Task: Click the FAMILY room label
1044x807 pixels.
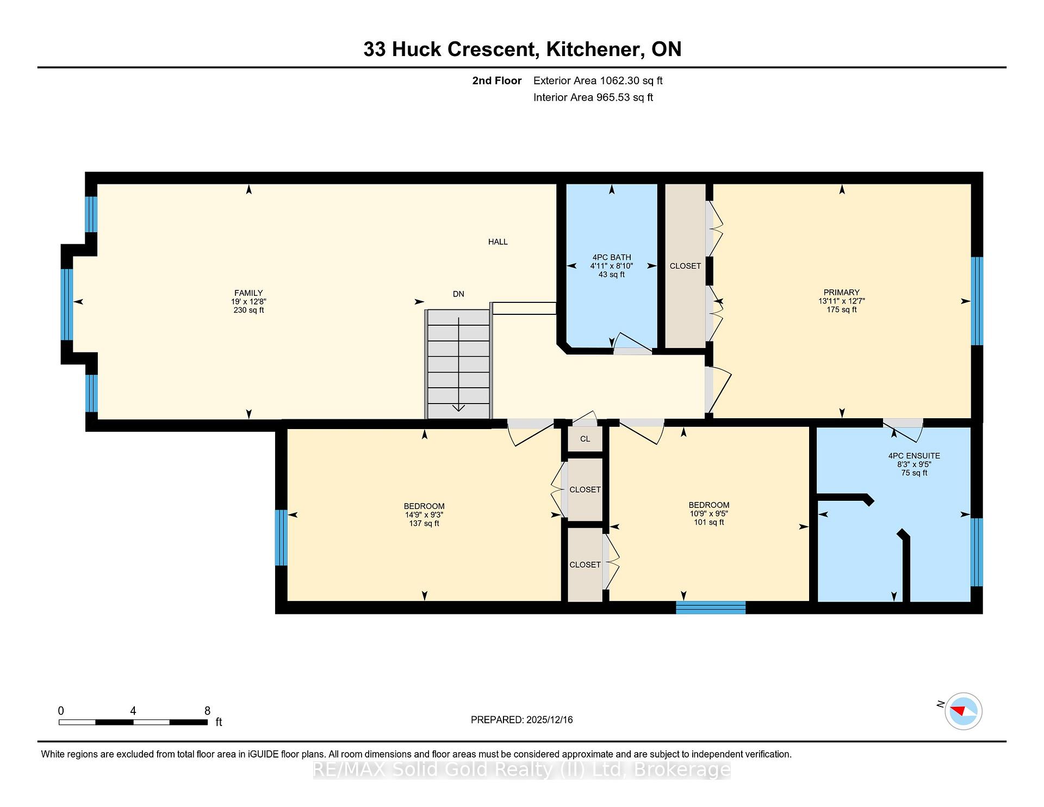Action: coord(248,293)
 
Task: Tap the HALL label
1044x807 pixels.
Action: coord(498,242)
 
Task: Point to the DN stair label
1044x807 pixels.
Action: coord(458,294)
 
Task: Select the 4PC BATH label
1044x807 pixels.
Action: coord(612,258)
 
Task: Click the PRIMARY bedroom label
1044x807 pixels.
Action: coord(841,293)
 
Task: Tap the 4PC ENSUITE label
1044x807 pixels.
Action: coord(914,456)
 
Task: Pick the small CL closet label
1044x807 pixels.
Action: coord(585,439)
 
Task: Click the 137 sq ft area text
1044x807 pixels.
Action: coord(424,524)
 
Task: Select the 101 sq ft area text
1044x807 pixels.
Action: coord(709,523)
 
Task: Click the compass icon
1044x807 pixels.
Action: coord(964,711)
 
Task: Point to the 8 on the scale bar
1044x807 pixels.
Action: coord(207,711)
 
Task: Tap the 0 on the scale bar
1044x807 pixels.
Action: coord(61,711)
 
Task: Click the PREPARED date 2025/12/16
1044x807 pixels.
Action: coord(550,720)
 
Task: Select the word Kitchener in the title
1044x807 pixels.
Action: coord(595,49)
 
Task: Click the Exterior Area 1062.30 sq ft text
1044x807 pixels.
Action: coord(598,81)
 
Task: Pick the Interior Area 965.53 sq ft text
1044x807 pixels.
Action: coord(593,98)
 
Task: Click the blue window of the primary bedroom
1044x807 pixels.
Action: coord(977,301)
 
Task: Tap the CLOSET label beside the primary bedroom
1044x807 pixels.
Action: coord(685,266)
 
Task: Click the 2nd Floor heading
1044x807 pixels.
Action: coord(497,81)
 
